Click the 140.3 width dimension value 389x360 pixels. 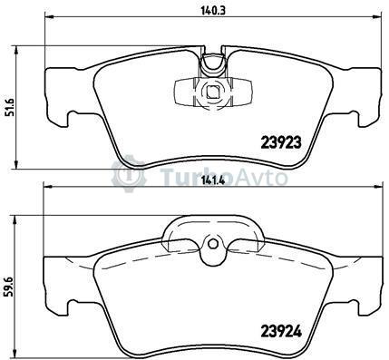tap(213, 11)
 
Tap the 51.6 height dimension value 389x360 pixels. tap(10, 107)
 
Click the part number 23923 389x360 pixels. tap(281, 141)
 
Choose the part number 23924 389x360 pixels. tap(281, 332)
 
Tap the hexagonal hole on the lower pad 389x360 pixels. tap(212, 243)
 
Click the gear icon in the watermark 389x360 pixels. tap(129, 174)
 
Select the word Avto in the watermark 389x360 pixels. tap(261, 177)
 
